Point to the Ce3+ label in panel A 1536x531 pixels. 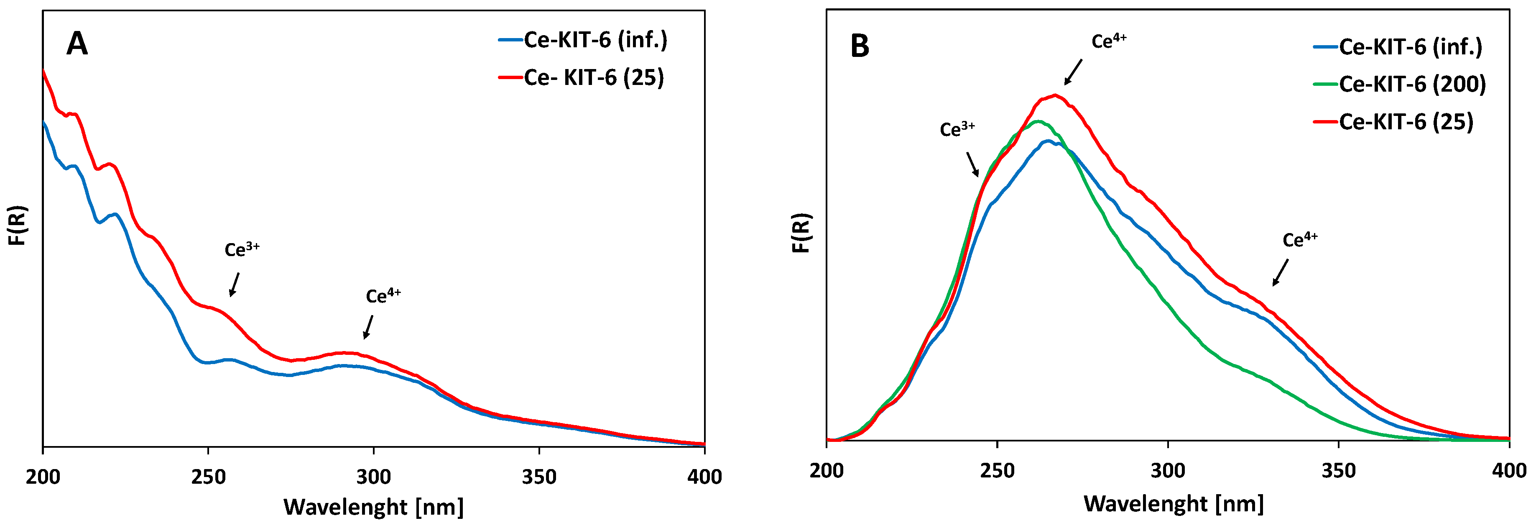242,249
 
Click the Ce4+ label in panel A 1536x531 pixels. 383,295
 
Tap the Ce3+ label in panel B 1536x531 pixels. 957,129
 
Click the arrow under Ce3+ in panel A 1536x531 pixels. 235,285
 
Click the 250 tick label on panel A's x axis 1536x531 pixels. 208,477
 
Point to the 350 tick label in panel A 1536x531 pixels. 539,477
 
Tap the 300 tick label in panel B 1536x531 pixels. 1168,470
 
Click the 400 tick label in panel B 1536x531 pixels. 1508,470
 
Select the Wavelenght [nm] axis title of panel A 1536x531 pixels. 373,507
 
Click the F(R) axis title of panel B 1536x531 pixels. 802,233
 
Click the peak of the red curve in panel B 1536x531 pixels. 1055,95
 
